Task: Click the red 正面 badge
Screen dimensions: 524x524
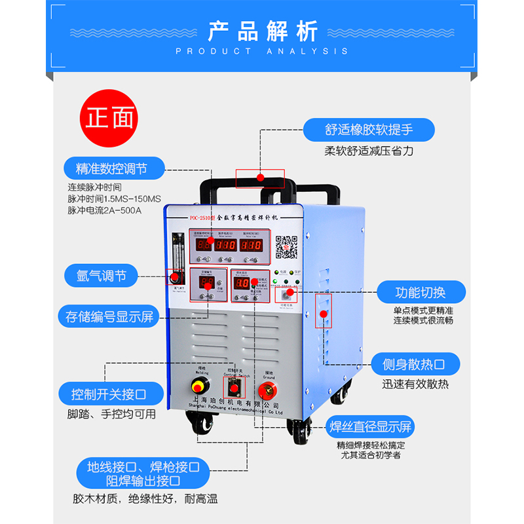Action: pos(109,119)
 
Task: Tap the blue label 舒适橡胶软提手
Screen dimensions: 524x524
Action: pos(369,129)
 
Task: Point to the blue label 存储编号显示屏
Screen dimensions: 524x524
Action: pos(109,318)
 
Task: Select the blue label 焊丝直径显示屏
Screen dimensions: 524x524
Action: pos(371,428)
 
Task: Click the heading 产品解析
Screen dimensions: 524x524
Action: pos(262,31)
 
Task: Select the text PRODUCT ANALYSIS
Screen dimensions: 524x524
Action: pos(262,51)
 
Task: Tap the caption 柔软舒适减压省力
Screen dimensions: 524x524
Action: pos(369,151)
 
